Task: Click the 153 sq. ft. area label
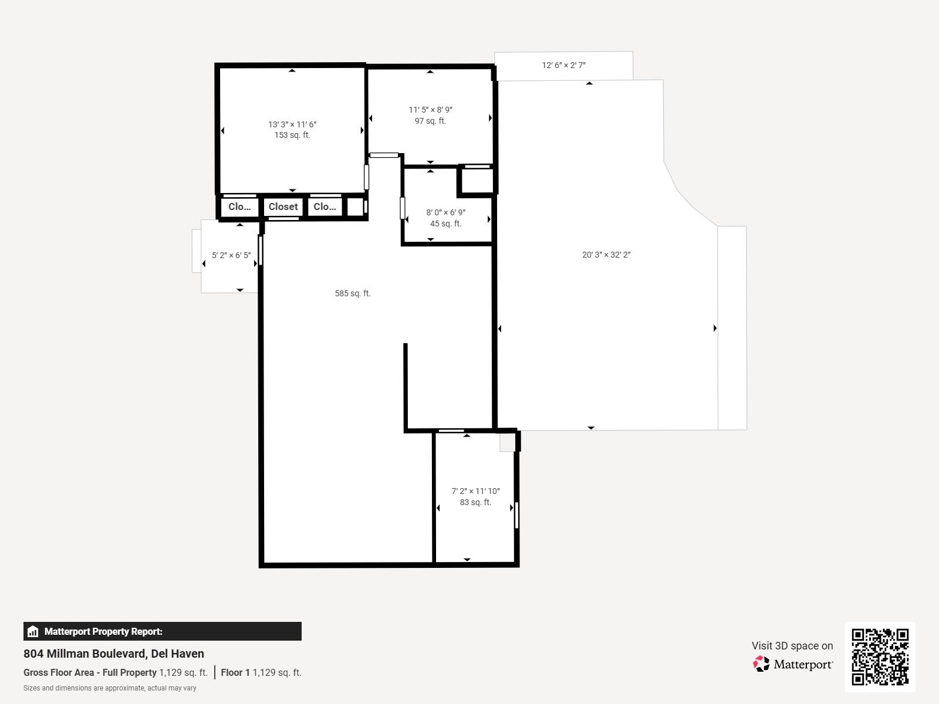[292, 135]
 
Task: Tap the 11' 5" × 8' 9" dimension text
[430, 110]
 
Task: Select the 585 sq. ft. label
[353, 293]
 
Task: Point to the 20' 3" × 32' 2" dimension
[606, 255]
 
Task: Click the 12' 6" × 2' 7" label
[563, 65]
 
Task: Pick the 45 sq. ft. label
[445, 224]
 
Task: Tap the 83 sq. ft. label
[475, 502]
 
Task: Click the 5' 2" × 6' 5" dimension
[231, 255]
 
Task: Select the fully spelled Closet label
[283, 207]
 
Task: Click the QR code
[880, 657]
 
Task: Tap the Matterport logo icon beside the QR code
[761, 664]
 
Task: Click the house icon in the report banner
[33, 631]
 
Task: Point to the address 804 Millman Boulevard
[85, 654]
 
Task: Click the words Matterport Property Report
[103, 631]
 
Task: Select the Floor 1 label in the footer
[235, 672]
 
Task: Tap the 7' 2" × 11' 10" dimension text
[475, 491]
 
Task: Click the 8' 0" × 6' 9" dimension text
[445, 212]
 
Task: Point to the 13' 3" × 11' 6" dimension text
[292, 124]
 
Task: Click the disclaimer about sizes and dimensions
[110, 688]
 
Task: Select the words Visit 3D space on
[792, 646]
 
